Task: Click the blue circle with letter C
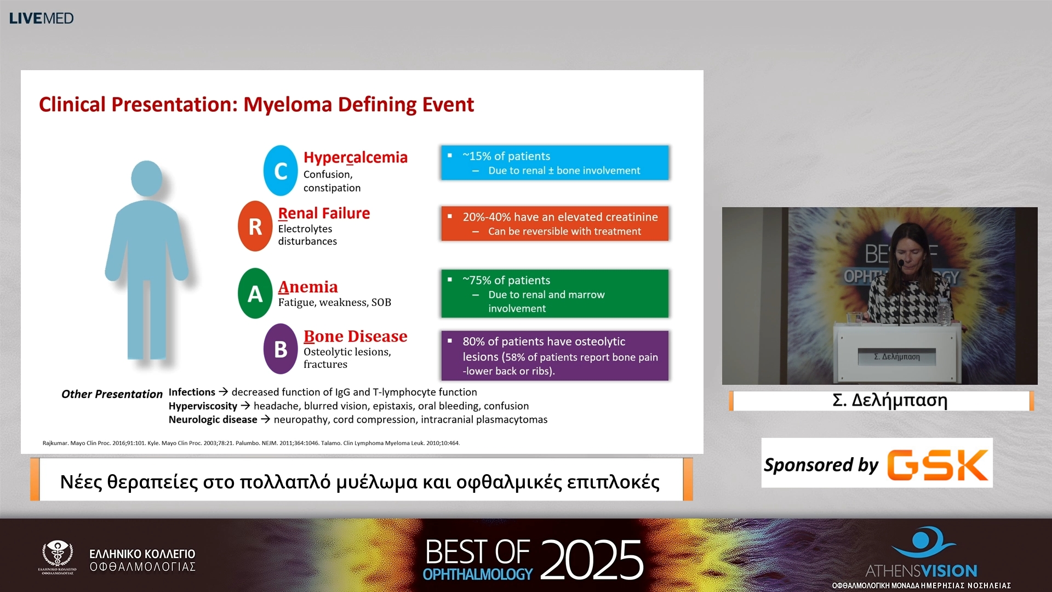tap(281, 170)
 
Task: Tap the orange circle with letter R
tap(255, 226)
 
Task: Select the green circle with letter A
tap(255, 293)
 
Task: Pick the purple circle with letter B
tap(281, 349)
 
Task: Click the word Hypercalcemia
tap(356, 157)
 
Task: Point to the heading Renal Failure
tap(324, 213)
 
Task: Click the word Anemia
tap(308, 287)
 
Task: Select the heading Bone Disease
tap(356, 336)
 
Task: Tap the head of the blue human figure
tap(147, 178)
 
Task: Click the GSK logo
tap(938, 465)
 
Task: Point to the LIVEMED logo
tap(42, 18)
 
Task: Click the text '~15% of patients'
tap(506, 156)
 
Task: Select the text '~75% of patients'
tap(506, 280)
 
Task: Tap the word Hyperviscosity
tap(203, 406)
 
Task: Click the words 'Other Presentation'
tap(112, 394)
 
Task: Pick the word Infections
tap(192, 392)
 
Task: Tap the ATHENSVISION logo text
tap(921, 571)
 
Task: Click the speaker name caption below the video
tap(890, 400)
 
